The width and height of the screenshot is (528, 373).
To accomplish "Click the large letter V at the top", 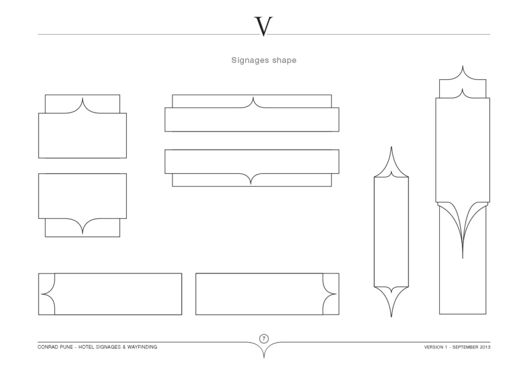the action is coord(263,26).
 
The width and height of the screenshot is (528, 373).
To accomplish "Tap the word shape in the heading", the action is coord(285,61).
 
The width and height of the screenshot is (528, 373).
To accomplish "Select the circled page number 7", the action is coord(264,338).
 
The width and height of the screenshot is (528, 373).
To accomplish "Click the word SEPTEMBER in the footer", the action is coord(465,347).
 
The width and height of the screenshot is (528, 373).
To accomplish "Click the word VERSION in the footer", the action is coord(434,347).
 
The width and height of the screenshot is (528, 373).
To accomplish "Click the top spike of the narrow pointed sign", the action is coord(391,147).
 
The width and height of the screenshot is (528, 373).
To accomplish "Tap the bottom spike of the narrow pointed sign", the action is coord(391,316).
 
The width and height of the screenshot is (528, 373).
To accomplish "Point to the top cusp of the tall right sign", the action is coord(463,66).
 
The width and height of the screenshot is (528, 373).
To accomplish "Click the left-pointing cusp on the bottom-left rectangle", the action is coord(41,294).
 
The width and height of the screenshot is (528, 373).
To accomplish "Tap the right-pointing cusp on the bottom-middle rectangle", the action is coord(336,294).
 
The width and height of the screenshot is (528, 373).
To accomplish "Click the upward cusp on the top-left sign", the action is coord(82,98).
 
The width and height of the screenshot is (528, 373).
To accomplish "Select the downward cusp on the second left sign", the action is coord(82,233).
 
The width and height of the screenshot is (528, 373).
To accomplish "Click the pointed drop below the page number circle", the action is coord(264,357).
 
